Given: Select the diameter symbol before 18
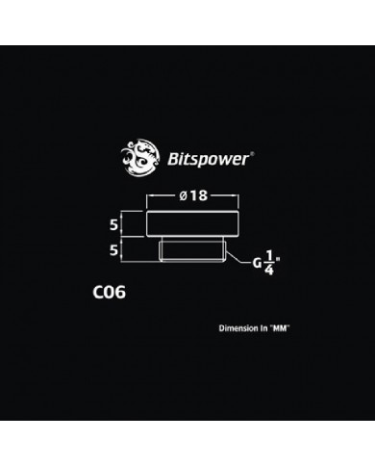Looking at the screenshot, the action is click(183, 196).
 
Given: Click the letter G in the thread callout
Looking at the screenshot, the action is click(258, 262).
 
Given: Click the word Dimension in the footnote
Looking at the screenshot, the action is click(239, 328).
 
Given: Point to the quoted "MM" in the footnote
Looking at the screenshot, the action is click(280, 328).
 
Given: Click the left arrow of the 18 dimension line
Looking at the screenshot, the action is click(149, 196).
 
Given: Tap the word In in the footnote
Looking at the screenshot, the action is click(264, 328).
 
